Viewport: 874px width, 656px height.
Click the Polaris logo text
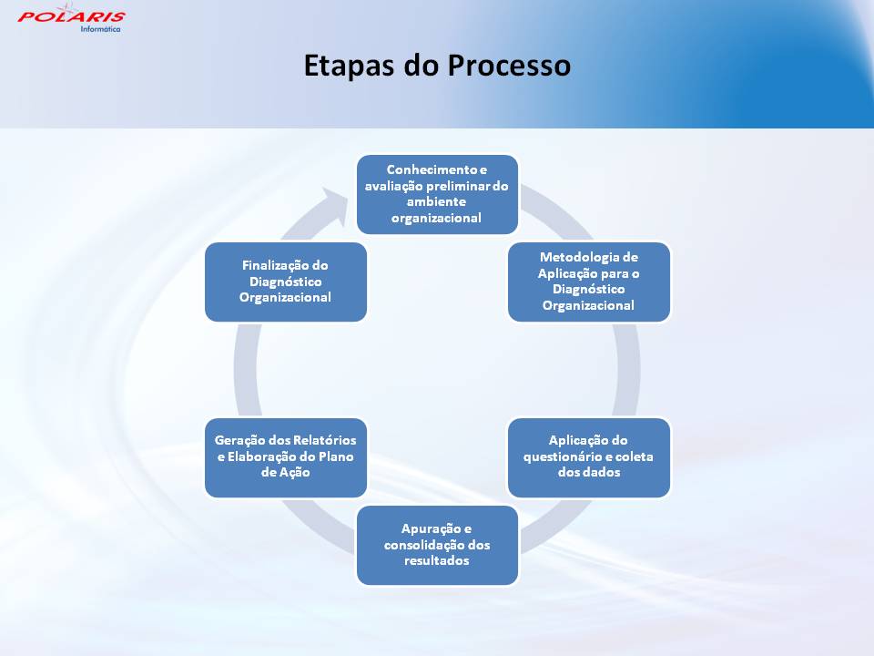(71, 15)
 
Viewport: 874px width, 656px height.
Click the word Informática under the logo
(100, 29)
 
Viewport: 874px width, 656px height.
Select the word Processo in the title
(509, 66)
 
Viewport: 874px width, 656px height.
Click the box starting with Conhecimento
(438, 194)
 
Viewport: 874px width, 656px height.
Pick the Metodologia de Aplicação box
(589, 282)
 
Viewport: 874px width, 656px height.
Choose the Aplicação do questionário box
(589, 457)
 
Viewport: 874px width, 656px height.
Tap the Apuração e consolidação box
(438, 545)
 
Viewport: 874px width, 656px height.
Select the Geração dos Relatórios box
(285, 457)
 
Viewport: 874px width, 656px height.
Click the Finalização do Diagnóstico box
(285, 282)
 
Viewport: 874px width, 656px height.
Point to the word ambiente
(436, 201)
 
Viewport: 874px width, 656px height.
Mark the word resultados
(436, 560)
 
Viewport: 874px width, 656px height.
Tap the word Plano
(336, 456)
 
